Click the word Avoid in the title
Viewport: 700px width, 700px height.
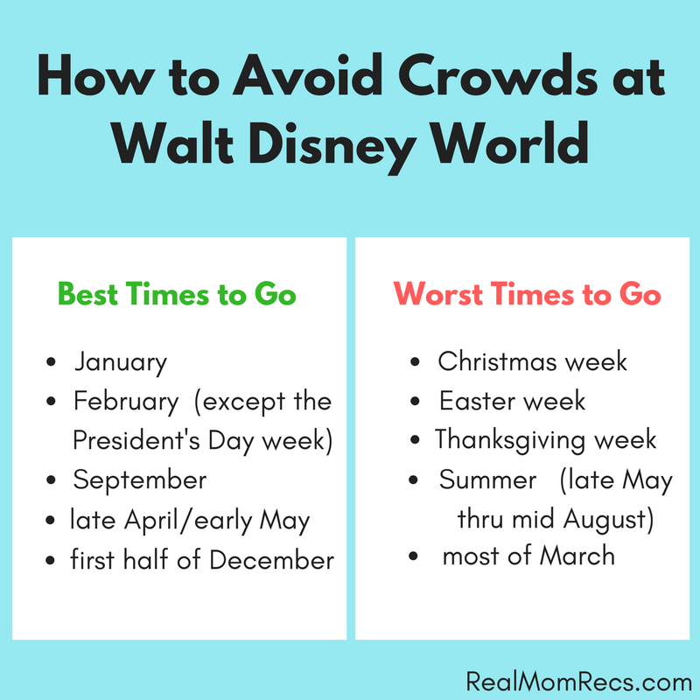(308, 75)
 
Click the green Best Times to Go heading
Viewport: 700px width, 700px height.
(177, 294)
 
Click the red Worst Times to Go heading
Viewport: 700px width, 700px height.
(527, 294)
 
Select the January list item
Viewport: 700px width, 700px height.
(121, 362)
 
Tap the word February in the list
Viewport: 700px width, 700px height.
(126, 402)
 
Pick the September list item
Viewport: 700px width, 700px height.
(140, 480)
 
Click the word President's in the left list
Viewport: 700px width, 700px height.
(136, 440)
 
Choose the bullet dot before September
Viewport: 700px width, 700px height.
(51, 480)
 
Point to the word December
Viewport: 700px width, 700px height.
(271, 559)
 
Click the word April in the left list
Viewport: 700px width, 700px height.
(151, 521)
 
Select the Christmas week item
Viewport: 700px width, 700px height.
(532, 361)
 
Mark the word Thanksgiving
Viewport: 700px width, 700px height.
(509, 441)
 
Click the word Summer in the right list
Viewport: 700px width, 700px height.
(487, 479)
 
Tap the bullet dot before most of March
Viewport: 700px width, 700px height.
(413, 556)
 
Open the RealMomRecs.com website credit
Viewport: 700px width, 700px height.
(578, 682)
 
